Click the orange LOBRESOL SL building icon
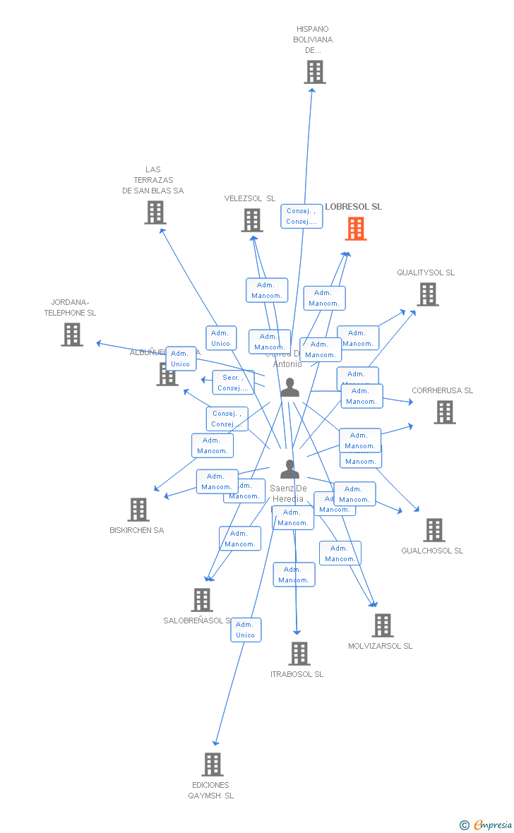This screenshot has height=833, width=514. point(356,229)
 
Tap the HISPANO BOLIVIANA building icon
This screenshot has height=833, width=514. point(315,72)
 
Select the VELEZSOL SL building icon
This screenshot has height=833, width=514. point(252,220)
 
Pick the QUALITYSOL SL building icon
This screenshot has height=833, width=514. point(428,294)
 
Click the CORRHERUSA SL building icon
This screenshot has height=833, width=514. point(445,412)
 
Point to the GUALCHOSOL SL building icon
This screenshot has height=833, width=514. point(434,530)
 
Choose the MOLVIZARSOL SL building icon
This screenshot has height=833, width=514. point(383,625)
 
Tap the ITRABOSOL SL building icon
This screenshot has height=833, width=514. point(299,654)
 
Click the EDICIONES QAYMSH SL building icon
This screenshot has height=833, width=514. point(213,765)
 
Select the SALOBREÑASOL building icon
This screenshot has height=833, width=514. point(202,600)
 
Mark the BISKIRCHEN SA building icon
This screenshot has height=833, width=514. point(138,510)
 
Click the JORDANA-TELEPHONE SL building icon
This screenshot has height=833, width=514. point(72,335)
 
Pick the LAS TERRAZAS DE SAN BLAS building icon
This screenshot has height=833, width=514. point(155,212)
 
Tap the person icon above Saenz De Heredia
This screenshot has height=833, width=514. point(289,469)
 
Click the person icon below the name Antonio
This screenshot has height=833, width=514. point(289,388)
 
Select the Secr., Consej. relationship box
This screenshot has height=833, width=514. point(233,383)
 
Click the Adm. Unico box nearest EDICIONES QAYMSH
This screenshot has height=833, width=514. point(246,630)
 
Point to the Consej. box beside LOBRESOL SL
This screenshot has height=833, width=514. point(301,216)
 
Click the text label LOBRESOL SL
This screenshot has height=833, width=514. point(353,207)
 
